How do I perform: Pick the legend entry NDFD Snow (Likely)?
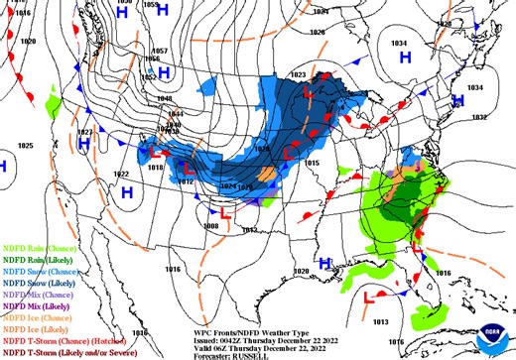pyautogui.click(x=34, y=282)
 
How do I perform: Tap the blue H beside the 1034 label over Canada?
pyautogui.click(x=405, y=58)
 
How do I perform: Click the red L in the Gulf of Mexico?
pyautogui.click(x=370, y=296)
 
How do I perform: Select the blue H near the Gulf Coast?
pyautogui.click(x=325, y=264)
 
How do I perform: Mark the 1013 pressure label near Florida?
pyautogui.click(x=381, y=322)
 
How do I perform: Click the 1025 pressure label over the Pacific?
pyautogui.click(x=26, y=146)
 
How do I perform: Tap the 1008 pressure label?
pyautogui.click(x=210, y=226)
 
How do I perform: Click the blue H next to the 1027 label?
pyautogui.click(x=84, y=145)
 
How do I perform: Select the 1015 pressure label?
pyautogui.click(x=312, y=162)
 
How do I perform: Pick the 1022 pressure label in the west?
pyautogui.click(x=121, y=174)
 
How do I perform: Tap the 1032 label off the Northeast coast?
pyautogui.click(x=479, y=117)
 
